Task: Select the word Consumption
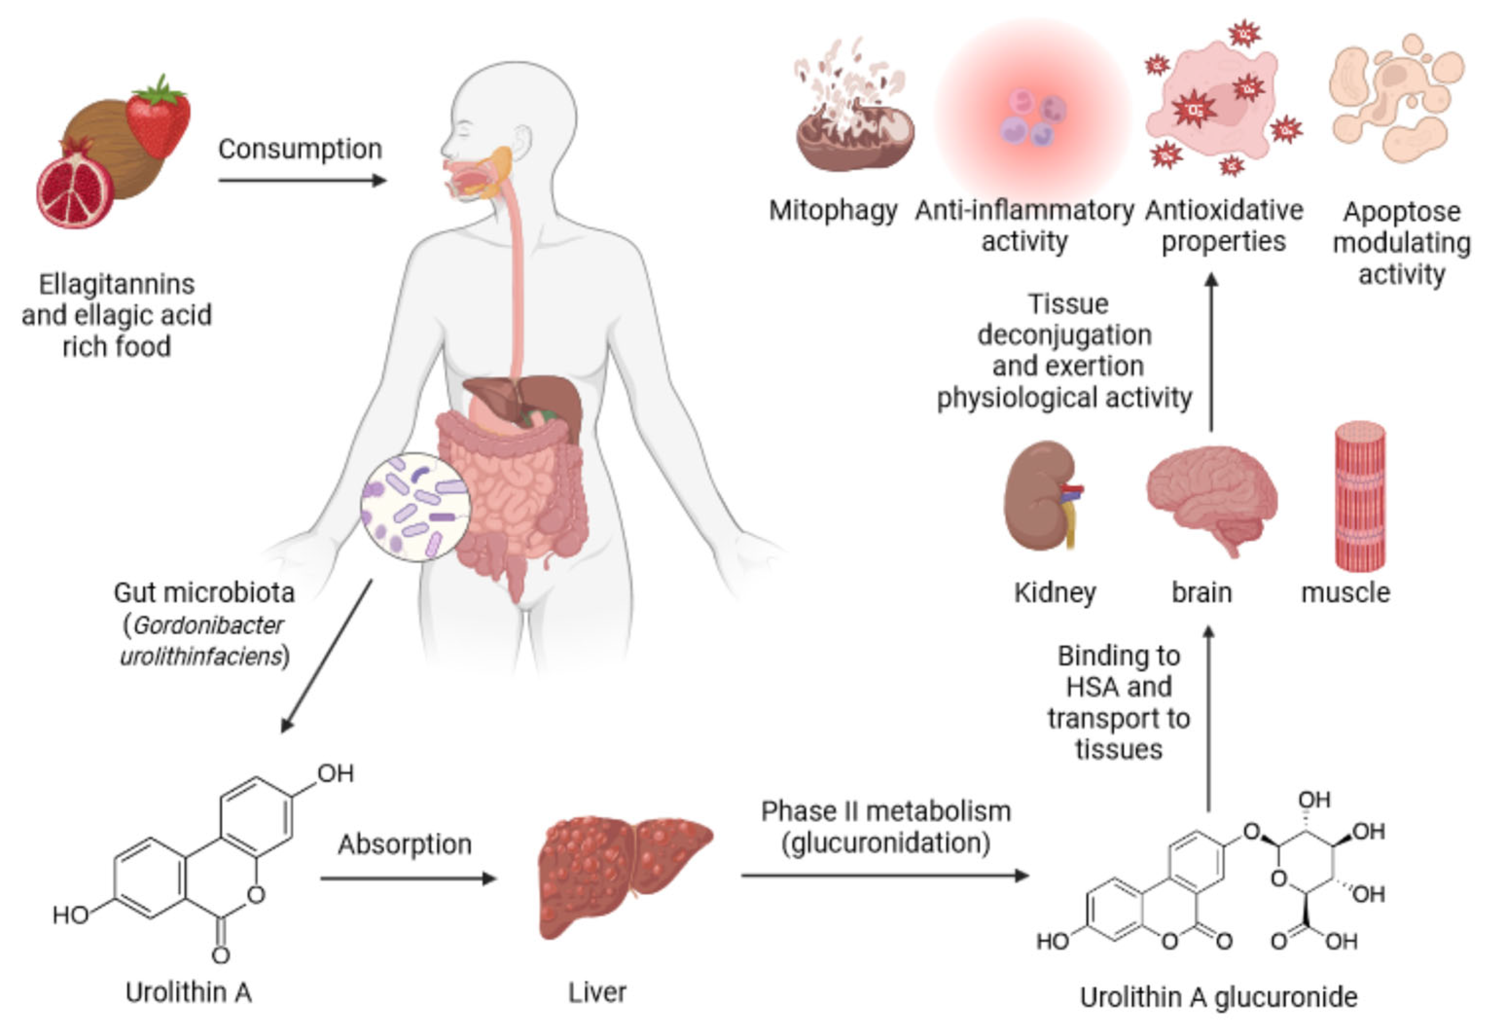[x=300, y=149]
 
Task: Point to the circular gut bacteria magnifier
[x=416, y=507]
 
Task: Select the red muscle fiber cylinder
[x=1360, y=497]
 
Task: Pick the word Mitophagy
[x=833, y=211]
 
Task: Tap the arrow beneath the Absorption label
[x=408, y=878]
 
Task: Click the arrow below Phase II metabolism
[x=885, y=875]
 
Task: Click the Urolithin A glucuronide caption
[x=1219, y=997]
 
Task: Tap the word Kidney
[x=1055, y=593]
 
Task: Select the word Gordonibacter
[x=208, y=625]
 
